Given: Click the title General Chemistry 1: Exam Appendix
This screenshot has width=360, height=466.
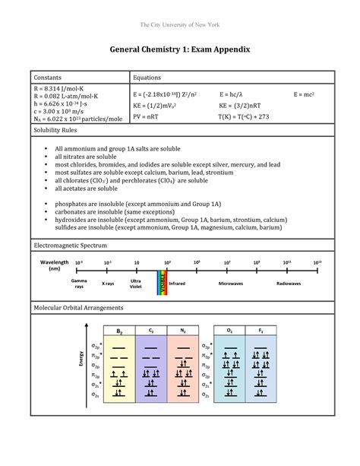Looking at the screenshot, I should click(x=180, y=49).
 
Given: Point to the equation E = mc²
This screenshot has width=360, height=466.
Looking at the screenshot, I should click(x=305, y=93).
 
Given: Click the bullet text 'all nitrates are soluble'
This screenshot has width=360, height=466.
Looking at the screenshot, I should click(x=92, y=156).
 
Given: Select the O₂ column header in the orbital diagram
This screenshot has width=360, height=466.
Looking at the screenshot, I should click(x=229, y=331).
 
